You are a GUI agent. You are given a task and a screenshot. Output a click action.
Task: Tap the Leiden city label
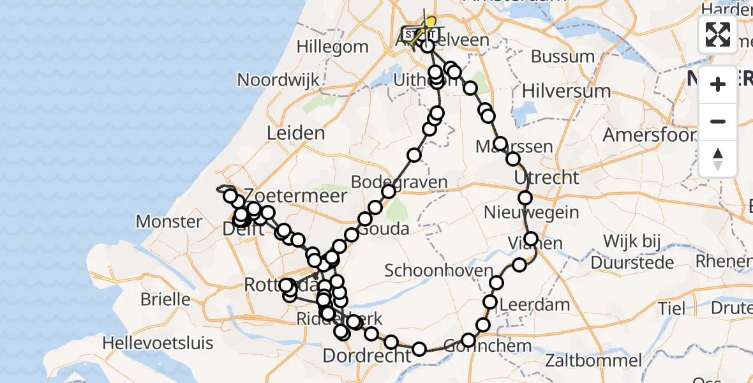(x=295, y=133)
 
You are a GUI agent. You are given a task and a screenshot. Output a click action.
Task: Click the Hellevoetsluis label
(x=158, y=343)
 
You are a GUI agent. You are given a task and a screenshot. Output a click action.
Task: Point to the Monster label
(x=169, y=222)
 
